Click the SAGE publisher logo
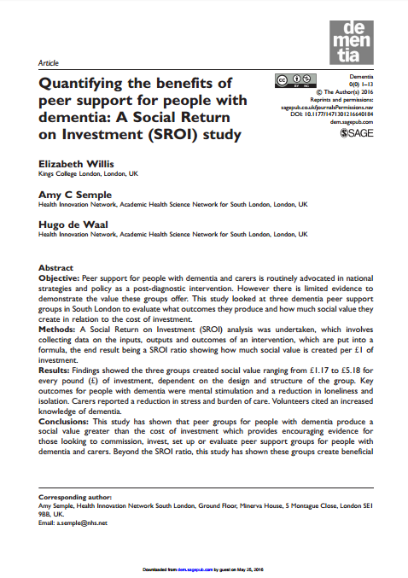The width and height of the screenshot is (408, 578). point(358,134)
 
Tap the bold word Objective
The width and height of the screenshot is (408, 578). point(59,278)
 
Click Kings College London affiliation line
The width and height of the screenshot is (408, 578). point(90,173)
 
